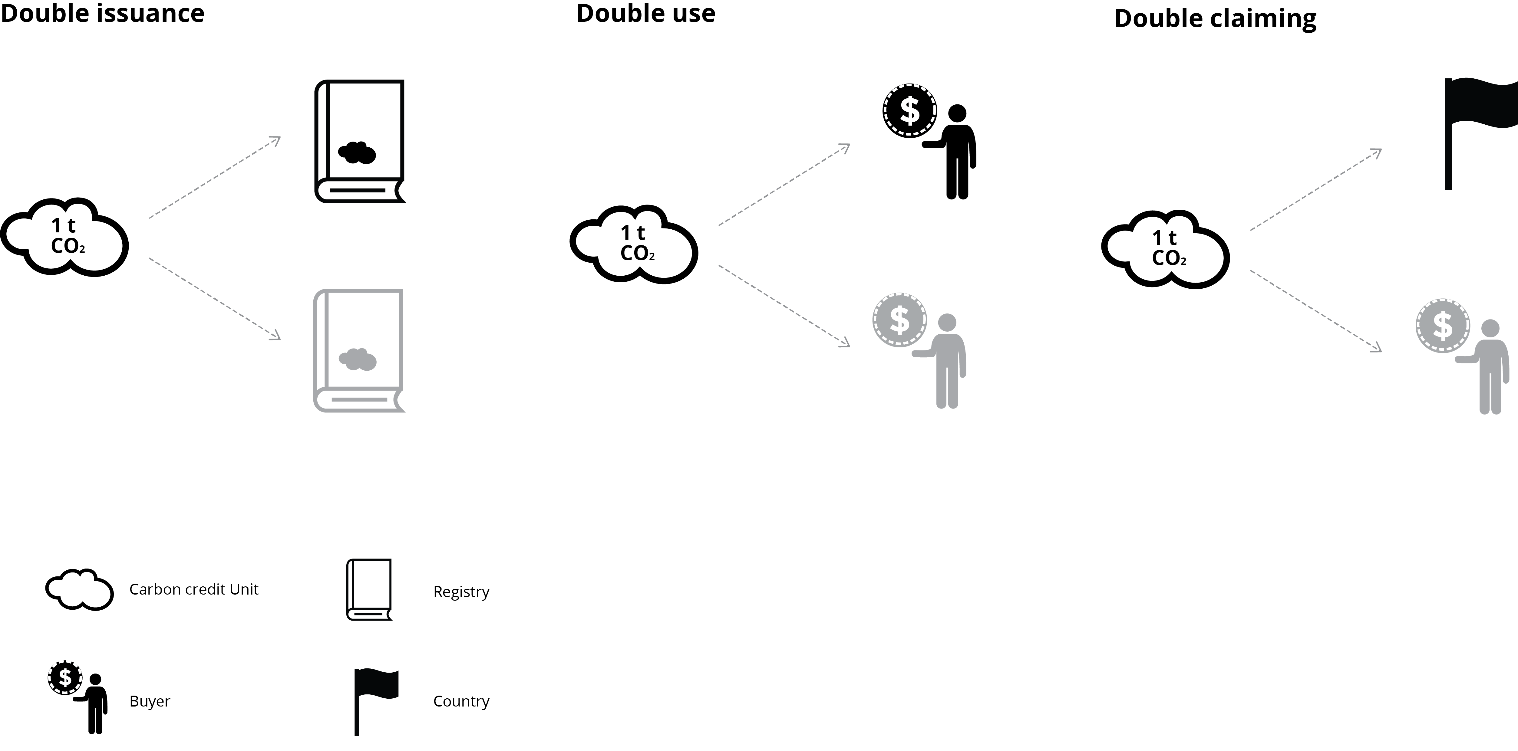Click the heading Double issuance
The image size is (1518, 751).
[103, 13]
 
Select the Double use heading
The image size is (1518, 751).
[646, 13]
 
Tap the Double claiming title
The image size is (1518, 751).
[1215, 18]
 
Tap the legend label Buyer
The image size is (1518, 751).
[150, 701]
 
